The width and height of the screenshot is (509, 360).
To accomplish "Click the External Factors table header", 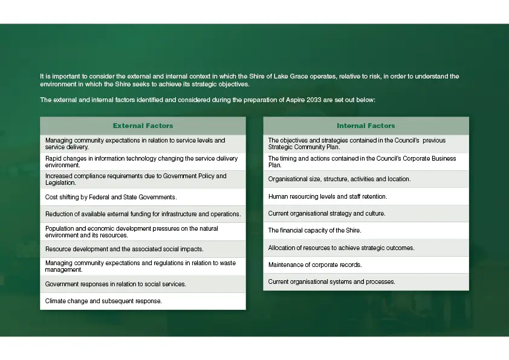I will pos(143,126).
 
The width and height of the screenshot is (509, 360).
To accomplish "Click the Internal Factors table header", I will pos(366,126).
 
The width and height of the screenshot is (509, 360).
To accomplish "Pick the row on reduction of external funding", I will pos(143,214).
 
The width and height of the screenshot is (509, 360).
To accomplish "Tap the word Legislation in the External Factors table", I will pos(60,182).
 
